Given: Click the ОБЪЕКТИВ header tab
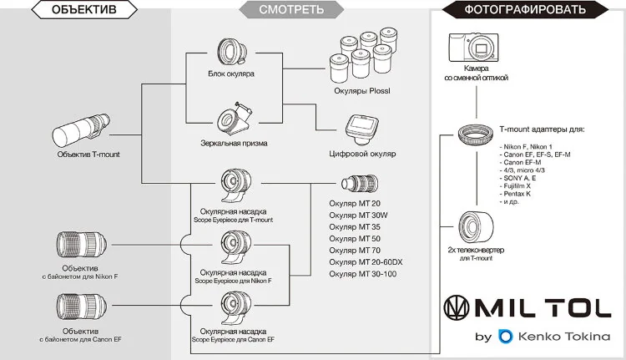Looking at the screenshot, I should [x=83, y=11].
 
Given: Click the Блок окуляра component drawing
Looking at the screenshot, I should [x=231, y=53].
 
